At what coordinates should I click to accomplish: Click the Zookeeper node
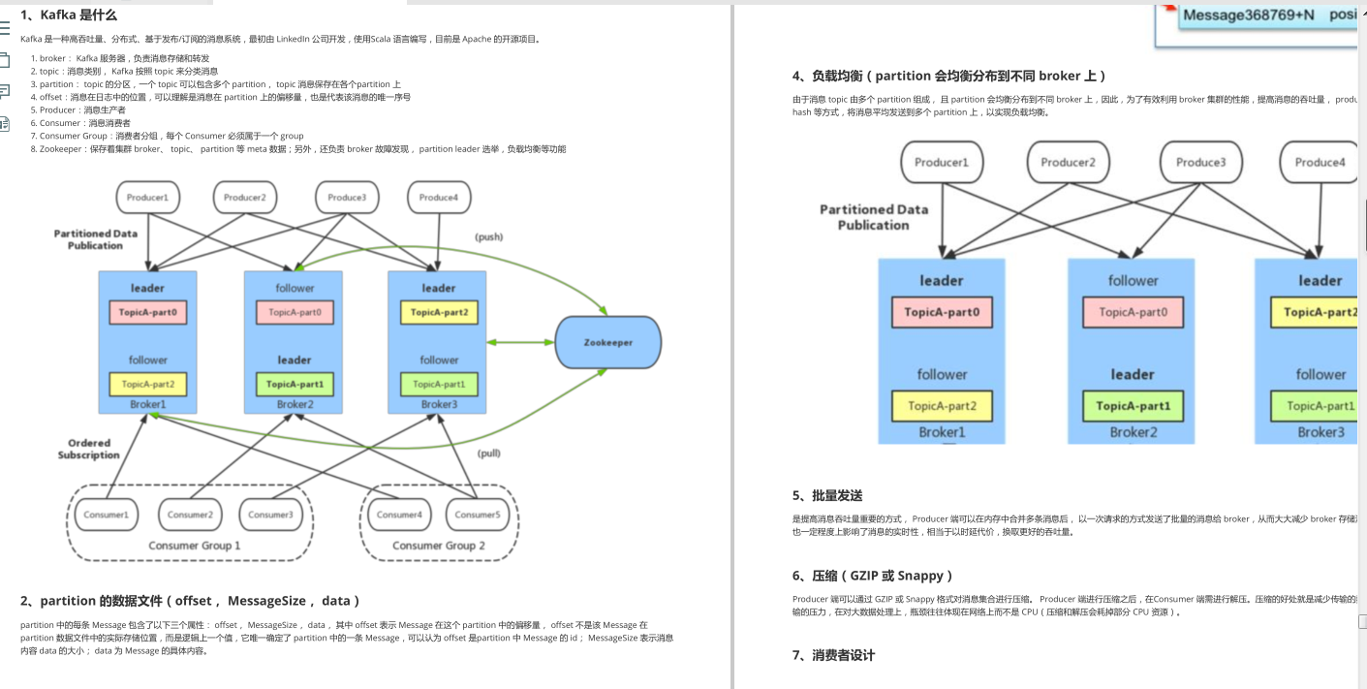pyautogui.click(x=607, y=342)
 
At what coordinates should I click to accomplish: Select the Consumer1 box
pyautogui.click(x=107, y=515)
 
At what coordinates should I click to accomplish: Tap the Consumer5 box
pyautogui.click(x=477, y=515)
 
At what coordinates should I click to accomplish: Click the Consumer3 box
pyautogui.click(x=271, y=515)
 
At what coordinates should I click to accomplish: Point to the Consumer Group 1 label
pyautogui.click(x=194, y=546)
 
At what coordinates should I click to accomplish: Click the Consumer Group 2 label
pyautogui.click(x=439, y=546)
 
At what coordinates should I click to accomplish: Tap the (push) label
pyautogui.click(x=488, y=236)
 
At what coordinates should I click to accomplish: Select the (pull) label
pyautogui.click(x=490, y=453)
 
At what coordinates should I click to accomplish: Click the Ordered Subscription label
pyautogui.click(x=88, y=449)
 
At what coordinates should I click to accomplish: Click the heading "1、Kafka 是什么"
pyautogui.click(x=69, y=15)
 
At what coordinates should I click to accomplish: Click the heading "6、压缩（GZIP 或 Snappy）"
pyautogui.click(x=873, y=576)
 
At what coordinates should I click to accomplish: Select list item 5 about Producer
pyautogui.click(x=82, y=110)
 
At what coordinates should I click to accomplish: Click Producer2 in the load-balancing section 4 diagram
pyautogui.click(x=1068, y=162)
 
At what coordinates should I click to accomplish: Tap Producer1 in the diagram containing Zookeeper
pyautogui.click(x=148, y=198)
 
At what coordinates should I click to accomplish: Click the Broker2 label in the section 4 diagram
pyautogui.click(x=1133, y=432)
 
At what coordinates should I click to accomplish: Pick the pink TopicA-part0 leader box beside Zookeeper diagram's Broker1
pyautogui.click(x=148, y=312)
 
